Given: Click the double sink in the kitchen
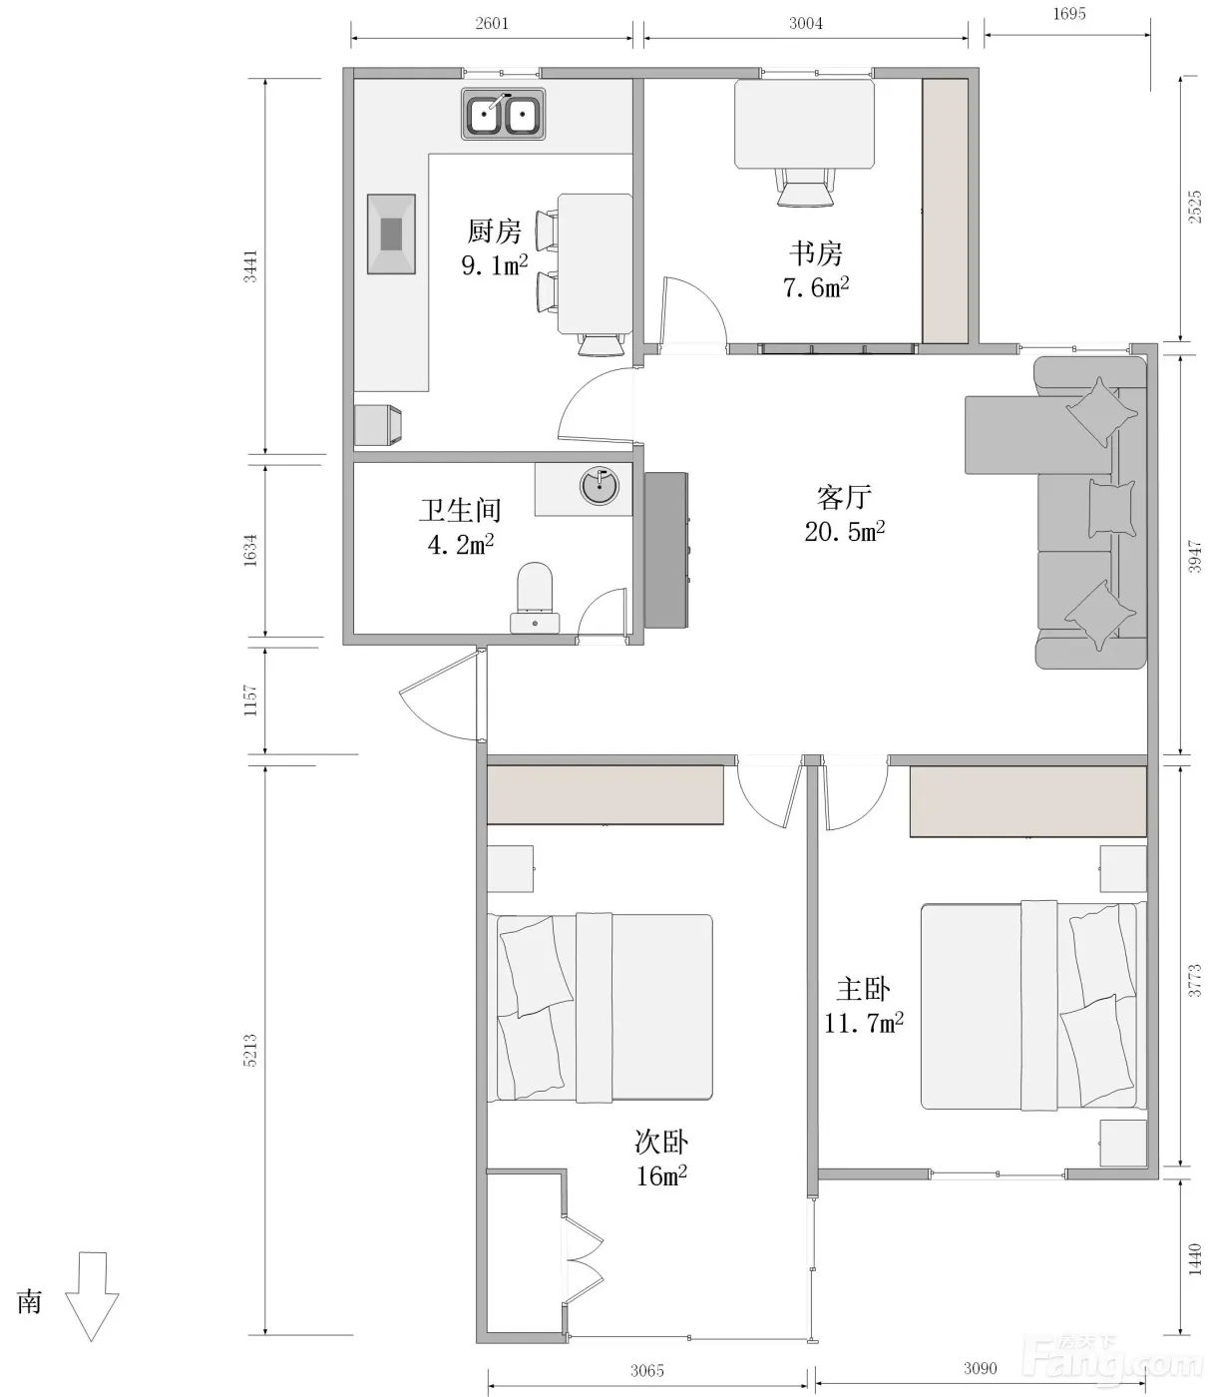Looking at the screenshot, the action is [x=503, y=114].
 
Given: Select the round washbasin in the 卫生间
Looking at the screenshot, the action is [x=600, y=487].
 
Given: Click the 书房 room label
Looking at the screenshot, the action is [x=816, y=254].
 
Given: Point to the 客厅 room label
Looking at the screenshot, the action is [x=844, y=498].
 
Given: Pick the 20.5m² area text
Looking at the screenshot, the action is [x=844, y=531].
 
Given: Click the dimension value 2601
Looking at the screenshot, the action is [x=492, y=24].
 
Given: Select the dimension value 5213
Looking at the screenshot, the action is [x=251, y=1051].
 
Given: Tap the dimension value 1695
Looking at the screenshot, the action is [x=1068, y=14].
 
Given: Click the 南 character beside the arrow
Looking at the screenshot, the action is [x=29, y=1302].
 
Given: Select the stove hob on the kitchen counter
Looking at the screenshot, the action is [x=391, y=234].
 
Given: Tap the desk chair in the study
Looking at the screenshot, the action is [x=805, y=187].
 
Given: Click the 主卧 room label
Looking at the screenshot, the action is [x=863, y=990].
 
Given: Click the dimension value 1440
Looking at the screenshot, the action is [x=1195, y=1259].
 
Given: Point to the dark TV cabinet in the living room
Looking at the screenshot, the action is [x=666, y=551].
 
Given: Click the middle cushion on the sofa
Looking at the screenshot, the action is [x=1111, y=508].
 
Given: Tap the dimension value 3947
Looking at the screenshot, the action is [x=1195, y=557].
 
